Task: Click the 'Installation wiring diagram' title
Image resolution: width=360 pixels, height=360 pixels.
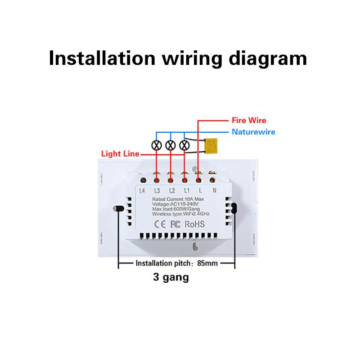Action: point(178,58)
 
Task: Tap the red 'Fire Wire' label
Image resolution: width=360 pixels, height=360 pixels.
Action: point(249,121)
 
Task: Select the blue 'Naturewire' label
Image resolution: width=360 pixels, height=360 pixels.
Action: point(253,132)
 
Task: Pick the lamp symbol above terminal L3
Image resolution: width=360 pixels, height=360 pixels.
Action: point(157,145)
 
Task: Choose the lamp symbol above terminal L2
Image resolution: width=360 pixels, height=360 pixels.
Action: point(170,145)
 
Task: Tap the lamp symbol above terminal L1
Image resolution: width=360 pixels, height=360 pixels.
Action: point(184,145)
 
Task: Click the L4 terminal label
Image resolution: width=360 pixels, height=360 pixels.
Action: point(143,190)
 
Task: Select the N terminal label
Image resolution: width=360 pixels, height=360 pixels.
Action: point(214,190)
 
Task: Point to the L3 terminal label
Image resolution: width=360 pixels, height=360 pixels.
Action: point(157,190)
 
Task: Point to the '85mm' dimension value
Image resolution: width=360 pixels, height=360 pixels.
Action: point(209,264)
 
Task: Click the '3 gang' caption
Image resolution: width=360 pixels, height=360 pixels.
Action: point(170,277)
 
